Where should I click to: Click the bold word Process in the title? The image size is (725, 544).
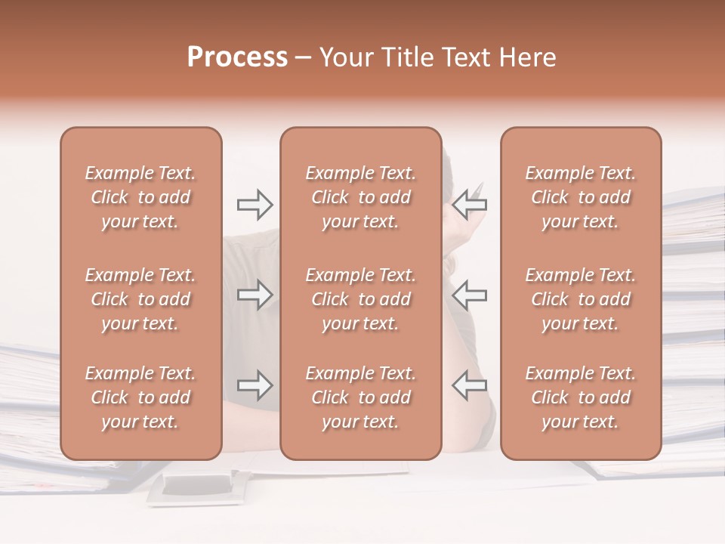[x=237, y=57]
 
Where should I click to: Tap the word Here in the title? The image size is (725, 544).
[x=529, y=57]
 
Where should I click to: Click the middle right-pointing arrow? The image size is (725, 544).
[x=255, y=295]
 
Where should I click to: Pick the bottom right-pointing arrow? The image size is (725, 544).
[x=255, y=385]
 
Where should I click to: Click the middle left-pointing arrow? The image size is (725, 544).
[x=470, y=295]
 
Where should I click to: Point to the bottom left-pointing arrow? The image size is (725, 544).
[x=470, y=385]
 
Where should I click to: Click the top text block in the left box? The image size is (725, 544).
[x=140, y=198]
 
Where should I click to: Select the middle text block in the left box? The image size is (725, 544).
[x=140, y=299]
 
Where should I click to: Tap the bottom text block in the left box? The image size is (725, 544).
[x=140, y=397]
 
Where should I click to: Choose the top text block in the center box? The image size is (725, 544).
[x=361, y=198]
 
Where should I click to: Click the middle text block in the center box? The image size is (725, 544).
[x=361, y=299]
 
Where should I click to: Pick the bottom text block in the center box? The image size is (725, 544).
[x=361, y=397]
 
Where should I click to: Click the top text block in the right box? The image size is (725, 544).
[x=581, y=198]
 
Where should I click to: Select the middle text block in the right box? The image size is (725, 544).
[x=581, y=299]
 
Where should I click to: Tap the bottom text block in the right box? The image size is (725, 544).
[x=581, y=397]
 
